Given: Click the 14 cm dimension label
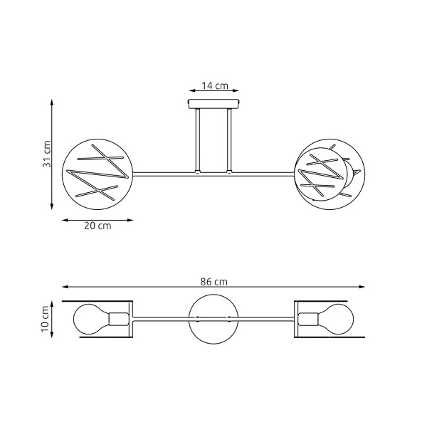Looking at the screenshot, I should click(214, 85).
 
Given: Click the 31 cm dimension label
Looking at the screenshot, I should click(47, 153).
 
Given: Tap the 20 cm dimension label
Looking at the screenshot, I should click(97, 226).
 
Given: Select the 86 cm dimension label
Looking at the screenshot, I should click(213, 282).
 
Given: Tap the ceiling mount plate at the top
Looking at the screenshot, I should click(214, 105).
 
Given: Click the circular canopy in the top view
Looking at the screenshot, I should click(213, 318).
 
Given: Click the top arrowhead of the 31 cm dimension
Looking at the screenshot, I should click(52, 101).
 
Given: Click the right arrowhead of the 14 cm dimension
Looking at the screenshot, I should click(236, 91).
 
